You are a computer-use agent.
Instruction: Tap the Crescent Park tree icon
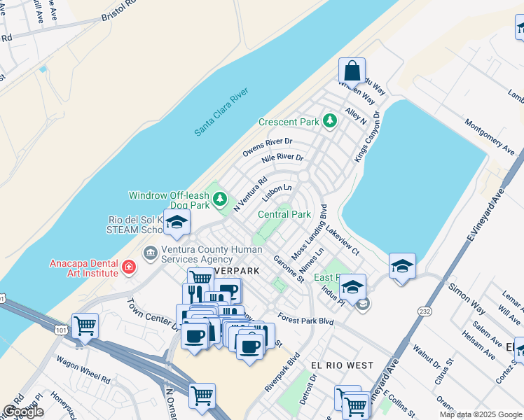330,122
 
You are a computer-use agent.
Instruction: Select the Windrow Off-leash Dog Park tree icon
221,200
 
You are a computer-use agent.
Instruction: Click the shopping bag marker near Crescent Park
352,71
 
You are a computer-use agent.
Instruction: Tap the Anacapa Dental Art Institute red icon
128,267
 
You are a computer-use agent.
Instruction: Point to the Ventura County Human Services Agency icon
150,252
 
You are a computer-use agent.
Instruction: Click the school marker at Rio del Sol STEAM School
177,223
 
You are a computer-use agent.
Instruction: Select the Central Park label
284,215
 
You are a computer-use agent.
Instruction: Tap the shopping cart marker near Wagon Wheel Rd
85,325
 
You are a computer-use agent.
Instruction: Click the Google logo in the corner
23,412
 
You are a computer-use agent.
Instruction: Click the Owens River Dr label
267,146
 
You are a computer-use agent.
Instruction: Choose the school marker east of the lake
402,266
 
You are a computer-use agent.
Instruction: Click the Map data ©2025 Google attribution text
481,414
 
